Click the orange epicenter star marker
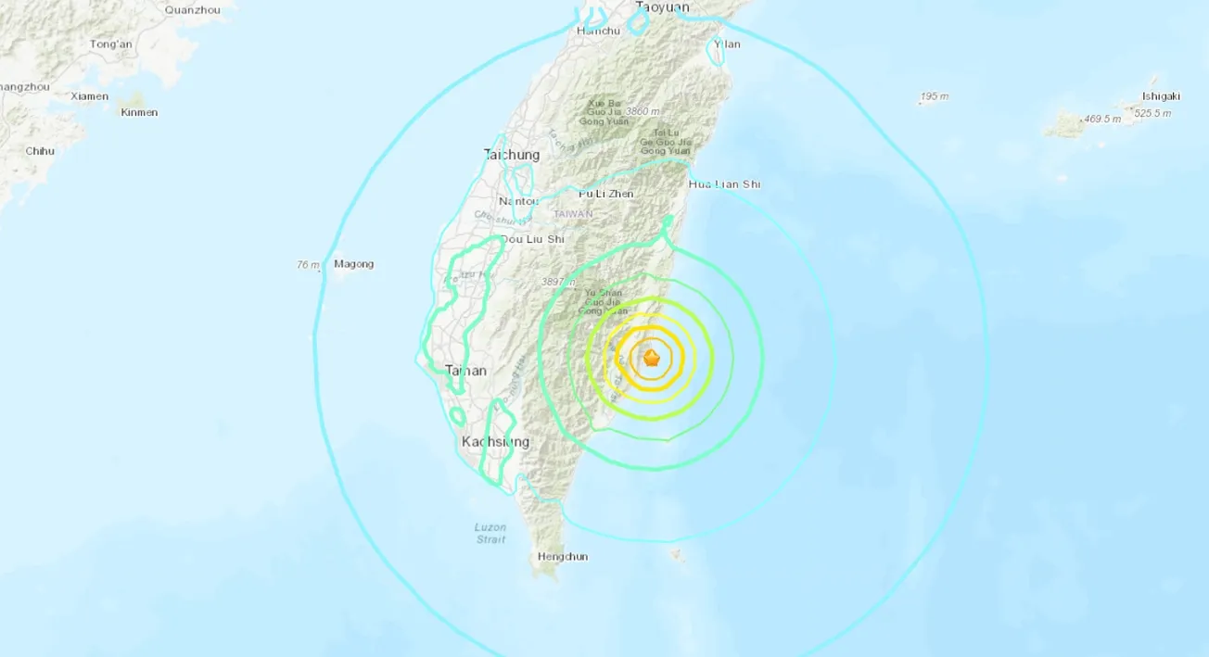(652, 358)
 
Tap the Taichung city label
(511, 155)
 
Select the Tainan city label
(465, 371)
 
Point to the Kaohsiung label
(495, 442)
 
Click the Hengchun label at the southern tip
(563, 557)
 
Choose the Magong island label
(353, 264)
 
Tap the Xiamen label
(90, 96)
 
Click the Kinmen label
(139, 113)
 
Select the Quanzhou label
(192, 10)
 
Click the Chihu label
(40, 151)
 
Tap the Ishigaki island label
(1161, 95)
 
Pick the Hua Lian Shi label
(724, 184)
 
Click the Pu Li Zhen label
(605, 194)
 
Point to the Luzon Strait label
(490, 533)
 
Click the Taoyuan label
(662, 7)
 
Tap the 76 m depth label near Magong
(308, 265)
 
